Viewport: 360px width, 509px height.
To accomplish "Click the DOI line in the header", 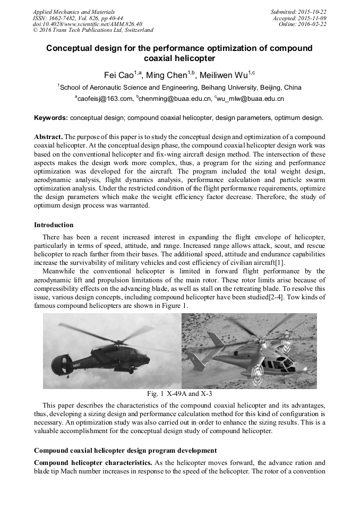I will tap(87, 24).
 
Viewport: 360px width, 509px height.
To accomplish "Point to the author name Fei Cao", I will tap(118, 75).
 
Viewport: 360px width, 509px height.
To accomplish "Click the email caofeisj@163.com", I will tap(105, 98).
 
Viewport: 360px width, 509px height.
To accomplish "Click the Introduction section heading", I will tap(54, 225).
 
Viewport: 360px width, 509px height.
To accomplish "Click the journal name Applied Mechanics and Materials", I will tap(73, 12).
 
